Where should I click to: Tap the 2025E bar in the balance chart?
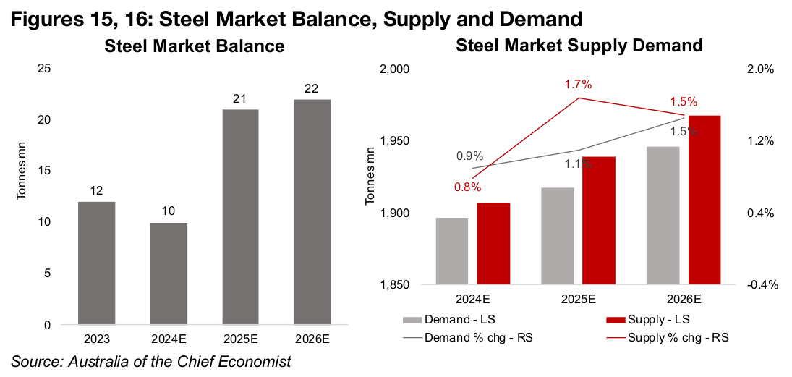241,217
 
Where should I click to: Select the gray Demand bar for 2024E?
452,251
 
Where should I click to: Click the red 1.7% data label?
578,85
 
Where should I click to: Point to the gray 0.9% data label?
469,156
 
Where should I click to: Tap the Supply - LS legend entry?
651,319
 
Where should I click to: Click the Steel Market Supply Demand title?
579,46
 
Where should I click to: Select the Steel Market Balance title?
194,47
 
